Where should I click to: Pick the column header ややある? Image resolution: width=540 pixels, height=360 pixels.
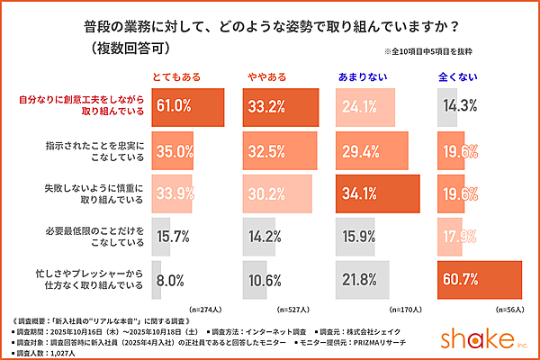coord(265,76)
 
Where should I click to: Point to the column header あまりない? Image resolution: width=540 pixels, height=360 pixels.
coord(362,76)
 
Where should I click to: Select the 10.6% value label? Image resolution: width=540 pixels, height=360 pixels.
coord(265,280)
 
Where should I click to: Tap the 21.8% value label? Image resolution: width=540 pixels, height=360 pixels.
coord(357,280)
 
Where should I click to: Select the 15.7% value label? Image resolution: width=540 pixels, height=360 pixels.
coord(174,237)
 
